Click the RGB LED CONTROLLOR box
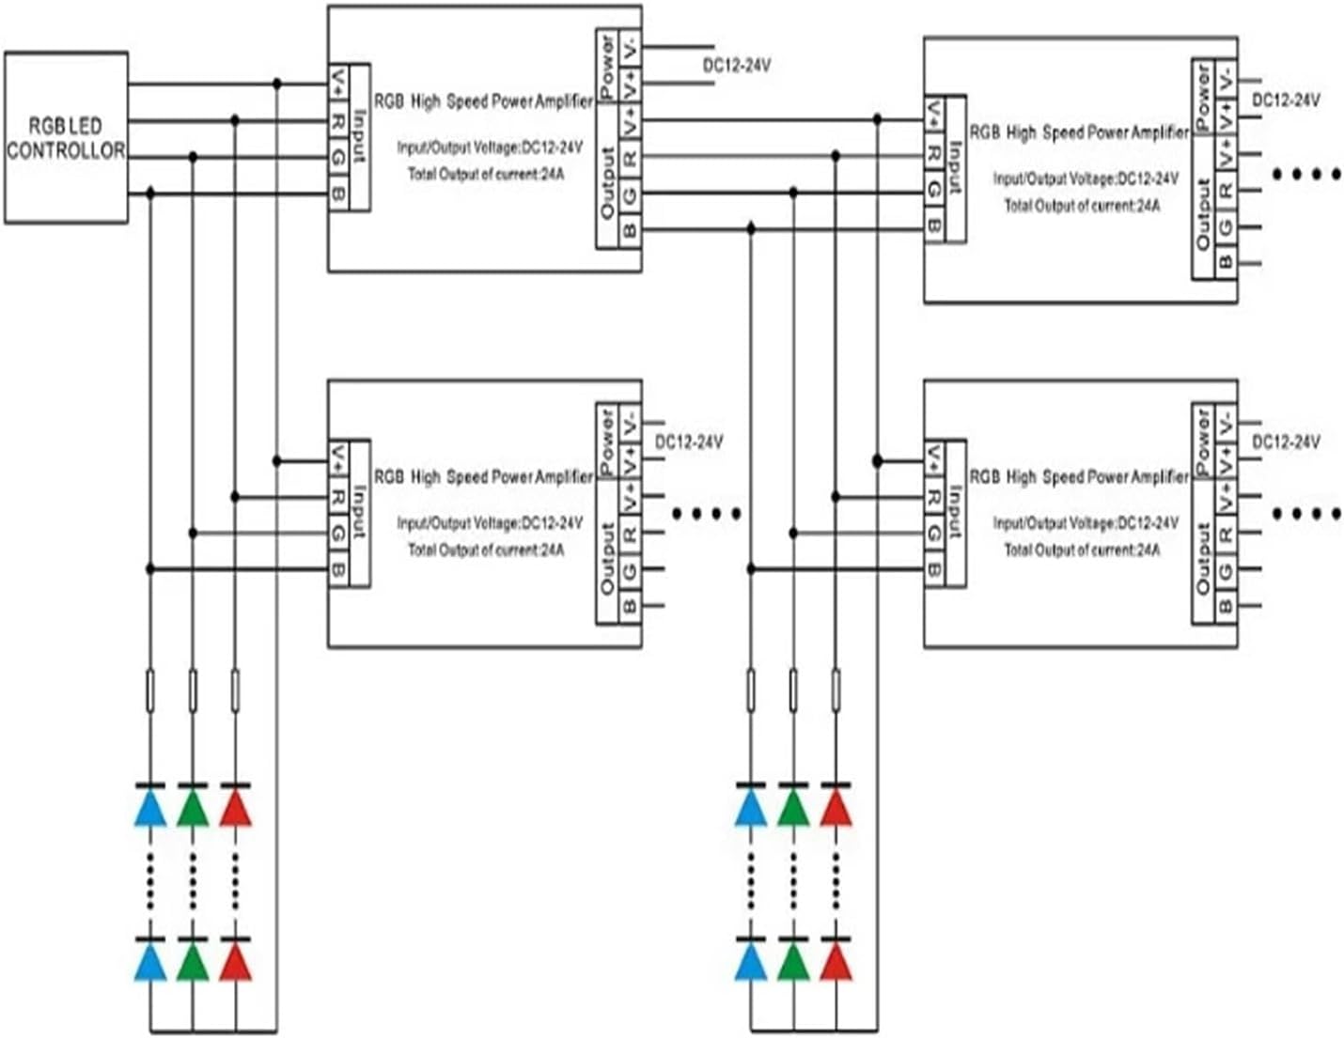point(66,137)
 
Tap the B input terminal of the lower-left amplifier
point(337,569)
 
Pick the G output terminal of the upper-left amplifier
point(630,194)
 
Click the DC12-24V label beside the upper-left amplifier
point(737,66)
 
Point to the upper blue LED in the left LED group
point(150,808)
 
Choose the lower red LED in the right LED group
point(836,963)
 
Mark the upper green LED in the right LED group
point(793,808)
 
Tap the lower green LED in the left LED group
point(193,963)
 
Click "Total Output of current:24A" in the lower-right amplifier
point(1081,550)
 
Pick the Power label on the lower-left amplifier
point(607,442)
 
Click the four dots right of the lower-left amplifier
point(708,514)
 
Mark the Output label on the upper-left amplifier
point(607,183)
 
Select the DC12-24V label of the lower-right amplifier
point(1286,442)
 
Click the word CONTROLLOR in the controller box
point(66,150)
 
